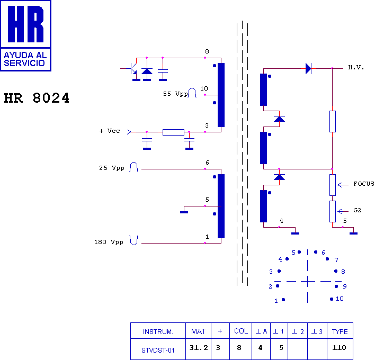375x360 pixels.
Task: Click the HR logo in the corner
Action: pos(26,35)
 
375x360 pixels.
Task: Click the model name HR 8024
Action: pos(37,99)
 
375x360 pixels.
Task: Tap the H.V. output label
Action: pos(356,68)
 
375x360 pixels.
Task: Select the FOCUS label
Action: pos(363,184)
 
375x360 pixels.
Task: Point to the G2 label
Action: pos(357,210)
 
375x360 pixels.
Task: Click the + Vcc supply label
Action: pos(109,131)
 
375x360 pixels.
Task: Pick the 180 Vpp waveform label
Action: pos(109,242)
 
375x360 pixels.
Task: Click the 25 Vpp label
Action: pos(111,168)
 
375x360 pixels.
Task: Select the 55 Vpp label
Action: pos(175,94)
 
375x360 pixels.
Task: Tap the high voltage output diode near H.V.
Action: pos(308,68)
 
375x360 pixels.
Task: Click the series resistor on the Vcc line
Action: pos(173,132)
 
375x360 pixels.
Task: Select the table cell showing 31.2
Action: pos(198,348)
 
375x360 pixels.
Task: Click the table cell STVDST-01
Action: pos(158,349)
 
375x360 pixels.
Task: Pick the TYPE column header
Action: pos(340,331)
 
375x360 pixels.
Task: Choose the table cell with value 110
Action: pos(340,348)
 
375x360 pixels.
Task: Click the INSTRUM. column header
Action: pos(158,331)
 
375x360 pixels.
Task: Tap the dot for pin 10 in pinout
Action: pos(332,299)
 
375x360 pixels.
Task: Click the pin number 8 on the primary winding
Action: pos(207,51)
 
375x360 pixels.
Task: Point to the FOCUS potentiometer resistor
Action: pos(332,185)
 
